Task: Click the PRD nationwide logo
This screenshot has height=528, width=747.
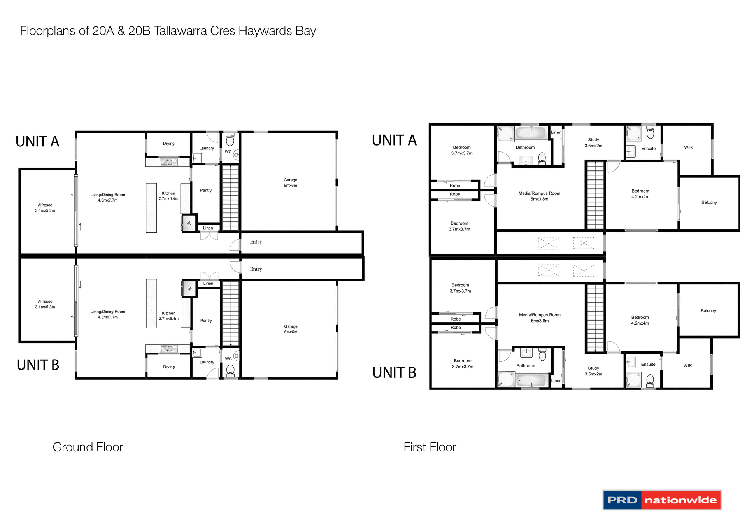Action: click(x=661, y=500)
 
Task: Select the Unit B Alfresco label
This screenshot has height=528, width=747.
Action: click(x=45, y=304)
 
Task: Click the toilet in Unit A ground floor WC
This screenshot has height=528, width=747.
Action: click(x=230, y=140)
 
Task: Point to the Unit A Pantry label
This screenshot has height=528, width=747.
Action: click(x=206, y=190)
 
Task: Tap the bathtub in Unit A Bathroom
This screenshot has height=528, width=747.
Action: click(x=531, y=133)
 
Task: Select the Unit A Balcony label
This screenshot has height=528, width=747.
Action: click(x=709, y=202)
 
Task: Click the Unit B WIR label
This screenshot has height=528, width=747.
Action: click(x=687, y=365)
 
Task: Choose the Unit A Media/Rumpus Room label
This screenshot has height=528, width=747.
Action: click(x=539, y=196)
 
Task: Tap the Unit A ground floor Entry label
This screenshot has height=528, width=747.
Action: click(x=256, y=242)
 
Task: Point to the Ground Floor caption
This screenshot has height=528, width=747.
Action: click(x=88, y=447)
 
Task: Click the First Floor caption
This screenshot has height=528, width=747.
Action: click(x=430, y=447)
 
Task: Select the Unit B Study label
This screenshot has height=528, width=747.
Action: click(x=593, y=371)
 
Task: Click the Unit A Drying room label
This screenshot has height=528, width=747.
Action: click(x=168, y=144)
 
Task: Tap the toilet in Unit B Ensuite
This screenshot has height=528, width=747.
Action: click(x=650, y=380)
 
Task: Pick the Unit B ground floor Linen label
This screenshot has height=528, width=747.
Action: click(x=208, y=283)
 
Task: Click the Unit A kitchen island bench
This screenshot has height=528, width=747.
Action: click(x=151, y=208)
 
